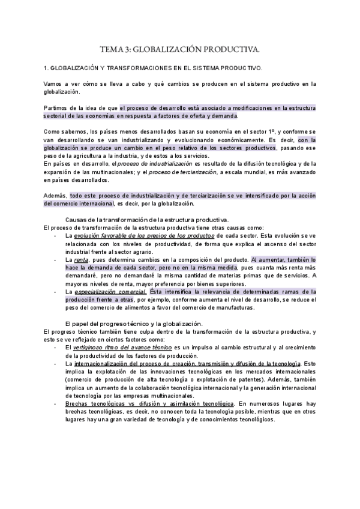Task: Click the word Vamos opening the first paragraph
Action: pos(53,84)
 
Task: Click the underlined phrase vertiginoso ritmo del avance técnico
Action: pos(122,348)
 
